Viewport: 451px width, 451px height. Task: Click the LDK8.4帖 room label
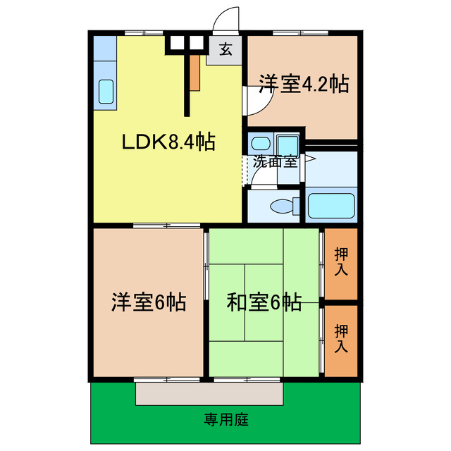tap(168, 142)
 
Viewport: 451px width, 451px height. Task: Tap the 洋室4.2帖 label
tap(303, 84)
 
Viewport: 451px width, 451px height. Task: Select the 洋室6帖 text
tap(148, 302)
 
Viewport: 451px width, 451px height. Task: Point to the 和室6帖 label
tap(264, 302)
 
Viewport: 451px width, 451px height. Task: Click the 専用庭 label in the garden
tap(226, 421)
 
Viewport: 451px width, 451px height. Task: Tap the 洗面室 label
tap(276, 161)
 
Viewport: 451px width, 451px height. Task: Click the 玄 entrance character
tap(225, 51)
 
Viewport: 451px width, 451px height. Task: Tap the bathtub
tap(330, 204)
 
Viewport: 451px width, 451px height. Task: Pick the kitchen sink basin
tap(106, 92)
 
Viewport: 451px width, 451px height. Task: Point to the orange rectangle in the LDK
tap(194, 70)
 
